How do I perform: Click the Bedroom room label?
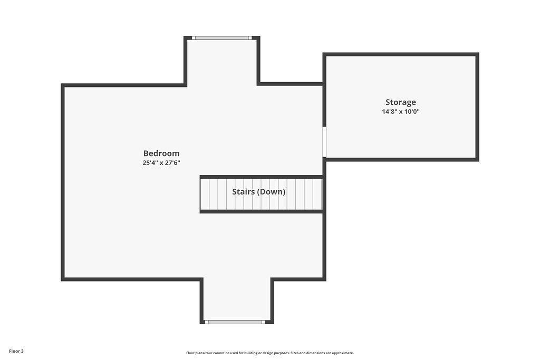point(161,153)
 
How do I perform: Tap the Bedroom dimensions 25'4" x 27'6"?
point(161,163)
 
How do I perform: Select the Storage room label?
point(401,102)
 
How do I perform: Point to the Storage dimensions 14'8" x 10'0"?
point(401,112)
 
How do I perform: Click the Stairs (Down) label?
point(258,192)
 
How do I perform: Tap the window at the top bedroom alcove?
point(222,38)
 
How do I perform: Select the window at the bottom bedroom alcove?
point(235,322)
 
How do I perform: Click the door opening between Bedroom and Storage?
point(324,142)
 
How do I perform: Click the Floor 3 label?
point(16,352)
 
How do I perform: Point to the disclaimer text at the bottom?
point(270,353)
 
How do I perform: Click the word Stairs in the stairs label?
point(243,192)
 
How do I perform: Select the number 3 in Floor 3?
point(22,352)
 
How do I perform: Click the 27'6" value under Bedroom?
point(172,163)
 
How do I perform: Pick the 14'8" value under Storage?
point(390,112)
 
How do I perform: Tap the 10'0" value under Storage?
point(412,112)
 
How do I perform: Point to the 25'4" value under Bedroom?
point(150,163)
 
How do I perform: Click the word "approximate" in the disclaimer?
point(342,353)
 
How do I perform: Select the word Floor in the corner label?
point(14,352)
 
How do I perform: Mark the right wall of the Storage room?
point(477,106)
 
